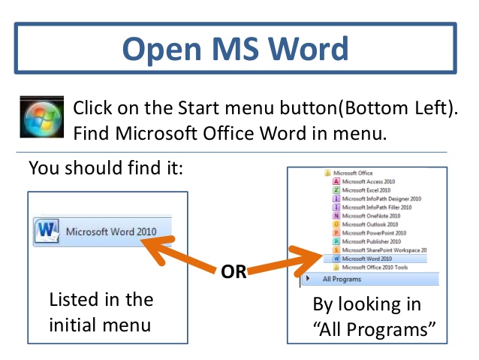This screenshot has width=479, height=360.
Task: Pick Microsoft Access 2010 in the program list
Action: [368, 181]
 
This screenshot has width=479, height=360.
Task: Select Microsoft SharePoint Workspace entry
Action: [383, 250]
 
